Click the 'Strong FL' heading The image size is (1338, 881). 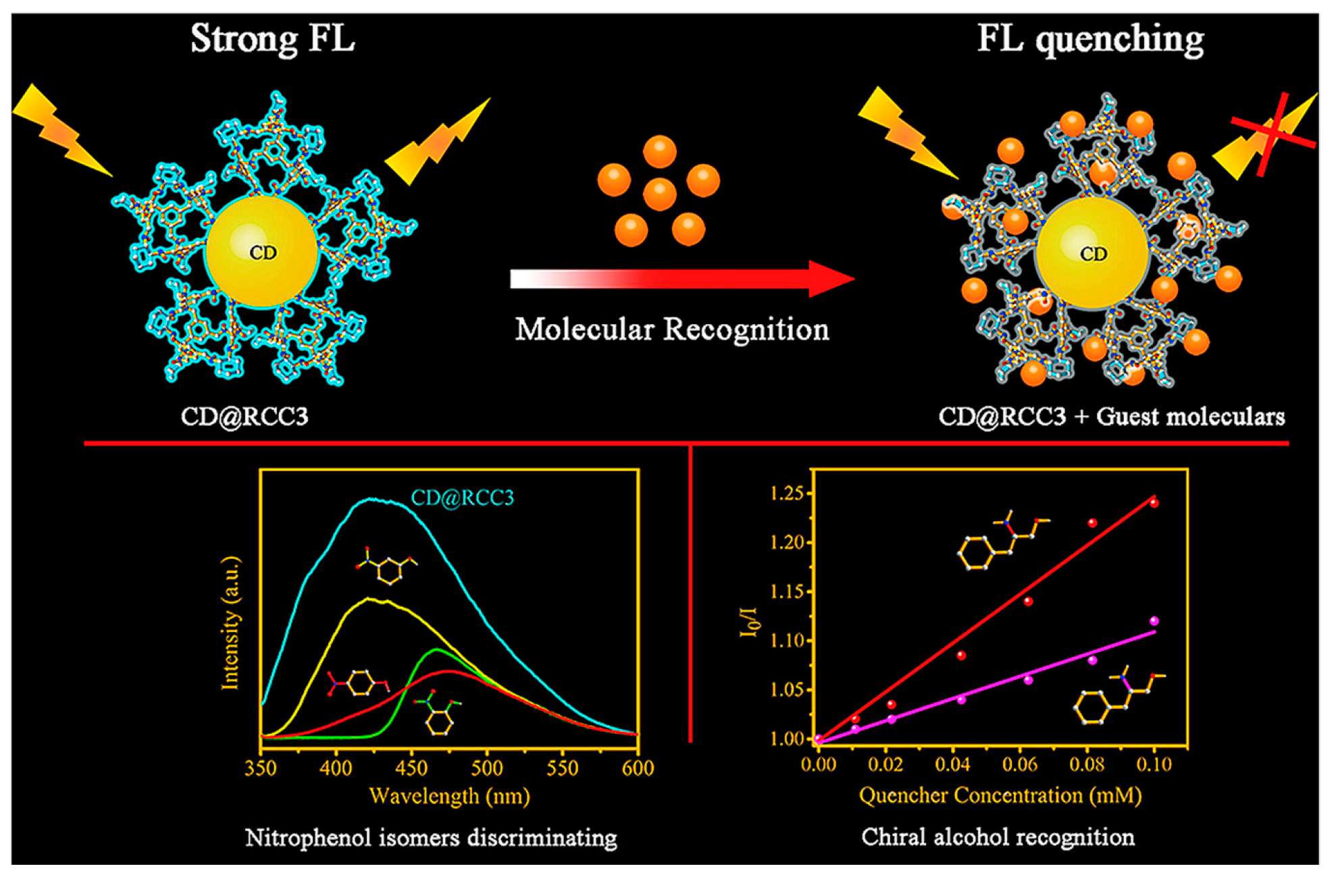point(272,38)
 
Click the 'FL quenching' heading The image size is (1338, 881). point(1090,39)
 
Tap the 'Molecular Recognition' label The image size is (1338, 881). point(672,330)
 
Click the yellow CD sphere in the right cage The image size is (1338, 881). point(1092,254)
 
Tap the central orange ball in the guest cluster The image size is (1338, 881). point(659,194)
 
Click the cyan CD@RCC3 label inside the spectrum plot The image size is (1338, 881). point(463,498)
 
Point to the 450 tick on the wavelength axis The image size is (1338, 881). point(411,768)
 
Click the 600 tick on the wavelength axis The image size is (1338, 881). point(638,768)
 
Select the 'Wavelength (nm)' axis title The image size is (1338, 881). point(449,797)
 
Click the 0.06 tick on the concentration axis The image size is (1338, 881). point(1020,764)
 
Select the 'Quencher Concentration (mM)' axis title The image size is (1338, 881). point(1000,796)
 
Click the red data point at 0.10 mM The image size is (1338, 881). point(1154,503)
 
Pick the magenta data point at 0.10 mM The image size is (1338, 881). point(1154,621)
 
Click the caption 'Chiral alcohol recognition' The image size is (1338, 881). point(998,837)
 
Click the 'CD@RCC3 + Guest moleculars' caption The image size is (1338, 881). point(1112,417)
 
